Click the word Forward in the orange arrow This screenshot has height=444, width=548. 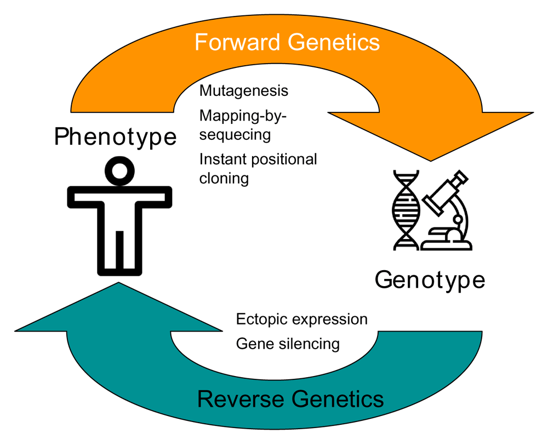237,42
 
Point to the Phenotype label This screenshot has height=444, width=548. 115,137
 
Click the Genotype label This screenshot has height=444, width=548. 430,280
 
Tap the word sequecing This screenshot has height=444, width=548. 235,135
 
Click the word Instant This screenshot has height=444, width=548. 221,160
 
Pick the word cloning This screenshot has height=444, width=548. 224,178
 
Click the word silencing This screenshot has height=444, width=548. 310,344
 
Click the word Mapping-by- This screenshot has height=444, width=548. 243,116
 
